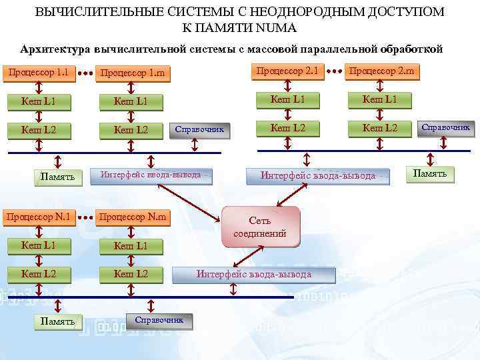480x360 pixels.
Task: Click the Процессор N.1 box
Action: pyautogui.click(x=39, y=217)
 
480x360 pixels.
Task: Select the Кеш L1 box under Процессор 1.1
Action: pyautogui.click(x=39, y=101)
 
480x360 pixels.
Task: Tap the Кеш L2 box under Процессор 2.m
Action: pyautogui.click(x=379, y=128)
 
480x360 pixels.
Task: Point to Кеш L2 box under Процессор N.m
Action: pyautogui.click(x=131, y=274)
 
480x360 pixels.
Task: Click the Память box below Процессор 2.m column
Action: pyautogui.click(x=430, y=175)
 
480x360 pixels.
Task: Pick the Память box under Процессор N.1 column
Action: pyautogui.click(x=58, y=322)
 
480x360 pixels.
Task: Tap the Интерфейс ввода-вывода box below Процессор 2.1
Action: pyautogui.click(x=317, y=176)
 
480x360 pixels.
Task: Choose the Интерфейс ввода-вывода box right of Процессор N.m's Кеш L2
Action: pyautogui.click(x=253, y=275)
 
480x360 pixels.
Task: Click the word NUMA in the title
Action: pyautogui.click(x=275, y=28)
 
